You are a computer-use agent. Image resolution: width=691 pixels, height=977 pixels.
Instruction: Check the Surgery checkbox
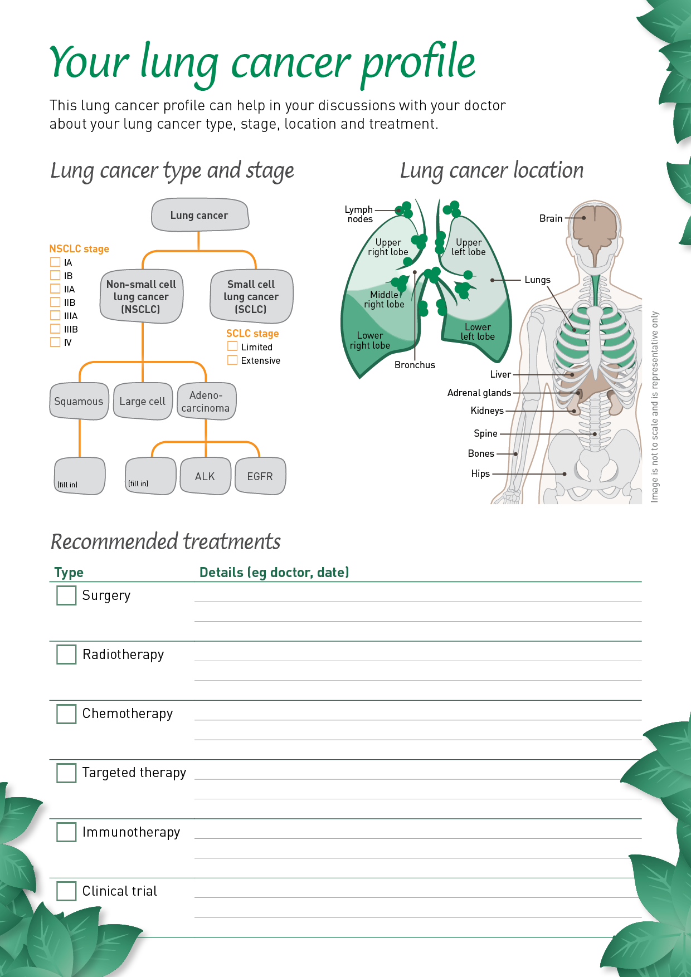tap(66, 595)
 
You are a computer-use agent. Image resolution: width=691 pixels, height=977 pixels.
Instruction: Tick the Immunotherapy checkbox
tap(66, 832)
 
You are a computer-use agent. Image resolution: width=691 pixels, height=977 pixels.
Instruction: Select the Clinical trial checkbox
tap(66, 891)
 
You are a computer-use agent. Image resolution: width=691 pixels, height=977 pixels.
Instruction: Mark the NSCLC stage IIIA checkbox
tap(55, 315)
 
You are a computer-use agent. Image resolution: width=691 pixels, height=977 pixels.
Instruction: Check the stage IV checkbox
tap(55, 342)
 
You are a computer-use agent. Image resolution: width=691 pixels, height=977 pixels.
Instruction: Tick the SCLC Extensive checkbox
tap(232, 360)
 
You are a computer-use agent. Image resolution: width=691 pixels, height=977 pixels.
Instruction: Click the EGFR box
tap(260, 476)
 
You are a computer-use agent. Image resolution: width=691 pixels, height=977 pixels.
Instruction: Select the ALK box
tap(205, 476)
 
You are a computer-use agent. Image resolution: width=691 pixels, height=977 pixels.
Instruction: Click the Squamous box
tap(79, 401)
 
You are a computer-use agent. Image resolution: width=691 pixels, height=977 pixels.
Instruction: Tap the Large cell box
tap(143, 401)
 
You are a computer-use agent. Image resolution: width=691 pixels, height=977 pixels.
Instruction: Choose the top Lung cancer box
tap(199, 215)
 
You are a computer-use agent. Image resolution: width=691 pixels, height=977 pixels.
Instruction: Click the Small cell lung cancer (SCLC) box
tap(251, 296)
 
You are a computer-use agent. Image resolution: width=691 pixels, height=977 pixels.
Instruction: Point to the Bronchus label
tap(415, 365)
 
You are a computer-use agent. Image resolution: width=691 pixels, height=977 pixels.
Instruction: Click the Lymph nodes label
tap(359, 214)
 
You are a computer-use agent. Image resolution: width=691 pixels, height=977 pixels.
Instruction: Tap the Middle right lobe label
tap(384, 299)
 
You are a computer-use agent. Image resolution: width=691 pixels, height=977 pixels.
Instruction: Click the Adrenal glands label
tap(479, 393)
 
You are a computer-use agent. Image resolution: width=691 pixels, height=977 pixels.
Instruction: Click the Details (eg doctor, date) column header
tap(274, 572)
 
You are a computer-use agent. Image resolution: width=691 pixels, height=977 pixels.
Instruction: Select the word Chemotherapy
tap(128, 714)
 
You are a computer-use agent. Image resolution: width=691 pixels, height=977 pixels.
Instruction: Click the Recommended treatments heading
tap(166, 541)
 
